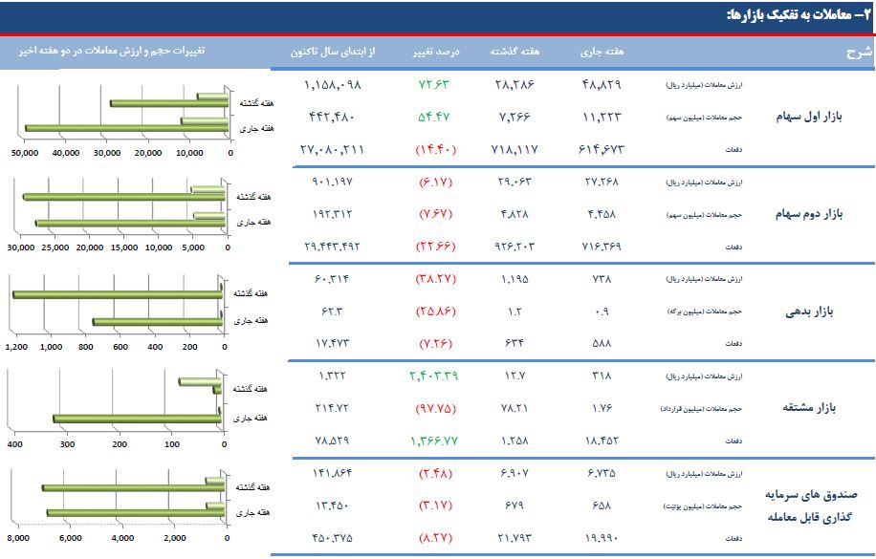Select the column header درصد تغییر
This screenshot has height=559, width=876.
tap(436, 51)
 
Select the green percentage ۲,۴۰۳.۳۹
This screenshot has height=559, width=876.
tap(438, 376)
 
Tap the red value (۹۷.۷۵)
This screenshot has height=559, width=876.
tap(438, 408)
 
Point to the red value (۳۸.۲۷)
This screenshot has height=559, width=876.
tap(438, 279)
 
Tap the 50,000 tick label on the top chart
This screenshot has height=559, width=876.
tap(24, 152)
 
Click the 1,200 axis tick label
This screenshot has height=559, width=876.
tap(17, 347)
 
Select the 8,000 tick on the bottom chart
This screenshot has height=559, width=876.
tap(19, 539)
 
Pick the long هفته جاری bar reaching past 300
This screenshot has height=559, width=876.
tap(138, 419)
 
